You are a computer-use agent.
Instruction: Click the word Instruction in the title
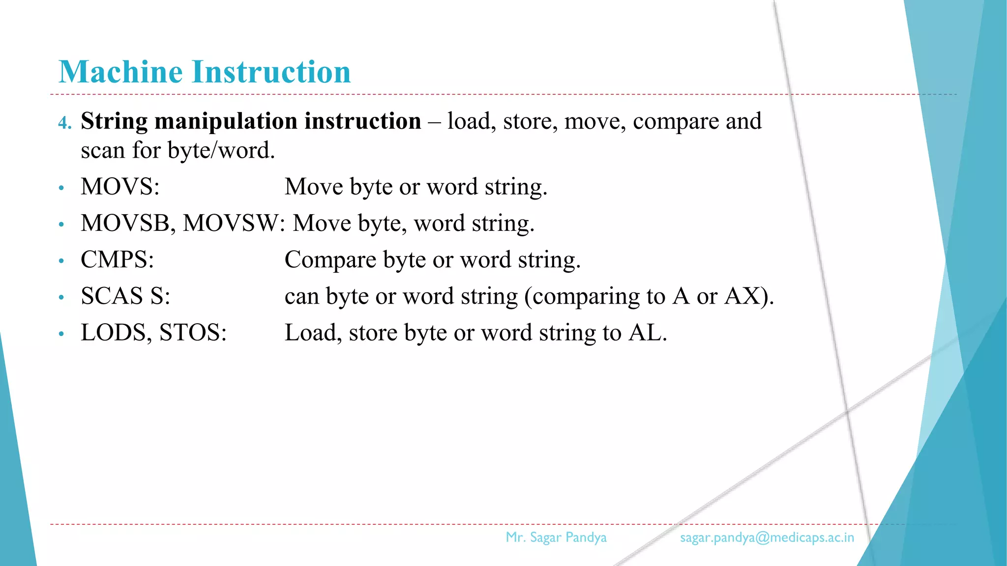(x=271, y=72)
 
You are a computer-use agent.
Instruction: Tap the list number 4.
(x=64, y=122)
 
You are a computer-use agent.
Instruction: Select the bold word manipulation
(x=226, y=121)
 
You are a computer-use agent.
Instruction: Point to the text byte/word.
(x=221, y=150)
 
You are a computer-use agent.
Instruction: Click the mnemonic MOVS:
(x=120, y=187)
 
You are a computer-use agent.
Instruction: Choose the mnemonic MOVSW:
(x=234, y=223)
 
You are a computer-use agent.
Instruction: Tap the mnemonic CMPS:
(x=117, y=259)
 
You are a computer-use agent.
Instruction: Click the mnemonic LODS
(x=116, y=333)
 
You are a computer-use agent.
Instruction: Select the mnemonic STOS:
(x=193, y=333)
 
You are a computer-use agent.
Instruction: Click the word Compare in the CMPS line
(x=330, y=260)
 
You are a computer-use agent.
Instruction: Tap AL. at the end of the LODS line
(x=648, y=333)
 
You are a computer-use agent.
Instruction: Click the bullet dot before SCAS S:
(x=61, y=297)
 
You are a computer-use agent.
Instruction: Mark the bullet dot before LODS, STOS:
(x=61, y=334)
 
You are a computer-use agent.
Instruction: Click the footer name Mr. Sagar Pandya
(x=556, y=538)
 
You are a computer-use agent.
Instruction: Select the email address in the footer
(x=767, y=538)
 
